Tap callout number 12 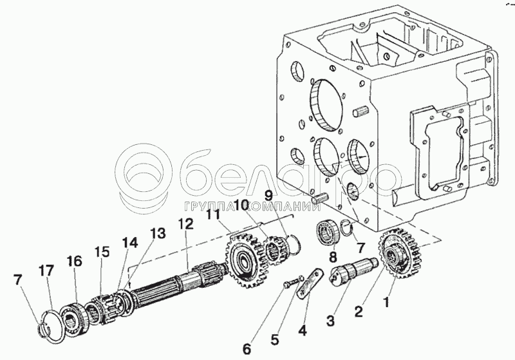point(185,223)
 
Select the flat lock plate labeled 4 point(308,283)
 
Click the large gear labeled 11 point(243,258)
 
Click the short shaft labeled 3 point(356,274)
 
